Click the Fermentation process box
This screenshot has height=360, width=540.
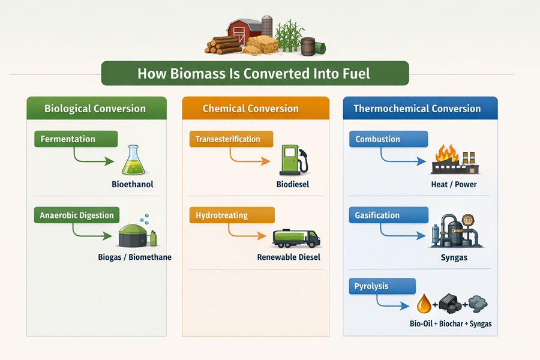[x=74, y=139]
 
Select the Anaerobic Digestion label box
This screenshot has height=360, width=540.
[x=77, y=215]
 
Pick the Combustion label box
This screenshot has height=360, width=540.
[x=388, y=139]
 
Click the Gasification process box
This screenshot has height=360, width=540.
[x=388, y=215]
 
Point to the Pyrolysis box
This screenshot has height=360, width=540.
[x=382, y=286]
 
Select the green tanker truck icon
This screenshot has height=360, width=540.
[x=296, y=238]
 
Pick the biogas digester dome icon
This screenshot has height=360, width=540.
[x=135, y=236]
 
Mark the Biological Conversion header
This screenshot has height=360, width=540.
[x=95, y=109]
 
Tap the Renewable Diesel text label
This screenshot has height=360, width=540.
[x=289, y=257]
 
